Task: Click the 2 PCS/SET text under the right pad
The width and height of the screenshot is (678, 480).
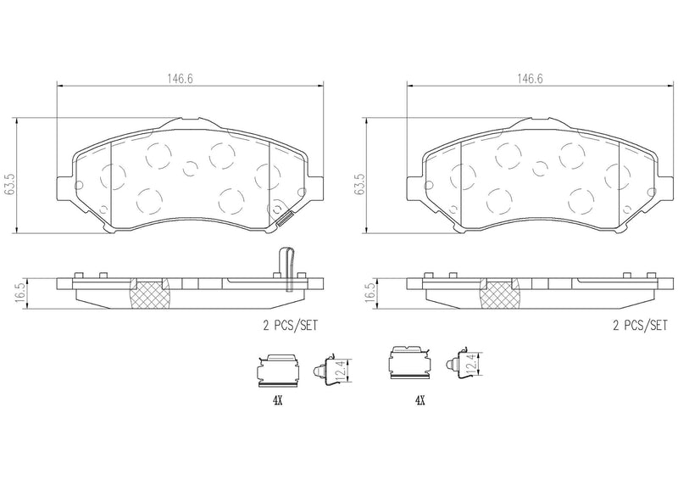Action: pos(640,324)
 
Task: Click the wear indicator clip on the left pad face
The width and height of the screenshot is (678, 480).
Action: pos(283,217)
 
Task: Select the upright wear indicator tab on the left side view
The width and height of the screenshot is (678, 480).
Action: pos(289,264)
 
